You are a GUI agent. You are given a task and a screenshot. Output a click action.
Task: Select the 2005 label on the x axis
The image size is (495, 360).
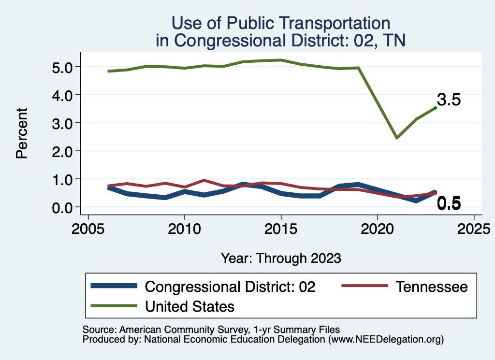pos(88,228)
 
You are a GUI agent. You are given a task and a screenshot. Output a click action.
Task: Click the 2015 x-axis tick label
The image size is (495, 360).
pos(281,228)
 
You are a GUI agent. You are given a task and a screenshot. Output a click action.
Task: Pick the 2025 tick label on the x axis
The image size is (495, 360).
pos(474,228)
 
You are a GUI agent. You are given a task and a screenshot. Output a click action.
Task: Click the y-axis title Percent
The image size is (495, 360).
pos(21,133)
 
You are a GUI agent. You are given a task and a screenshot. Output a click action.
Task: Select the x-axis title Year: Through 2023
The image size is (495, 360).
pos(281,258)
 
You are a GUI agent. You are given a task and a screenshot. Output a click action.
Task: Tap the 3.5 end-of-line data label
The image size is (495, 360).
pos(449,100)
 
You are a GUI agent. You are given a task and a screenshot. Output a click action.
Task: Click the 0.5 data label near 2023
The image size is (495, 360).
pos(449,204)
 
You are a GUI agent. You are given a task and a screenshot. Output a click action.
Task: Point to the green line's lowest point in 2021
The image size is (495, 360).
pos(396,138)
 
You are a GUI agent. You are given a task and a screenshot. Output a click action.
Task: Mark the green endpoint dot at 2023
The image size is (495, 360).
pos(436,108)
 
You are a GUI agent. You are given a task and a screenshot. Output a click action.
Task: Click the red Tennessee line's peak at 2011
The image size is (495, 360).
pos(204,180)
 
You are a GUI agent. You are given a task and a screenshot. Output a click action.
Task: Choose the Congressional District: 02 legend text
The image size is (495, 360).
pos(230,287)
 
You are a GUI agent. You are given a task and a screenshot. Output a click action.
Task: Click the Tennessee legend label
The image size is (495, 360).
pos(432,287)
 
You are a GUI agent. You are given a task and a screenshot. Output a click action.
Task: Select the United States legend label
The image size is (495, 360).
pos(189,306)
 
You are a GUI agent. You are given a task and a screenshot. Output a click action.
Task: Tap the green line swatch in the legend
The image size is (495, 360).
pos(114,306)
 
